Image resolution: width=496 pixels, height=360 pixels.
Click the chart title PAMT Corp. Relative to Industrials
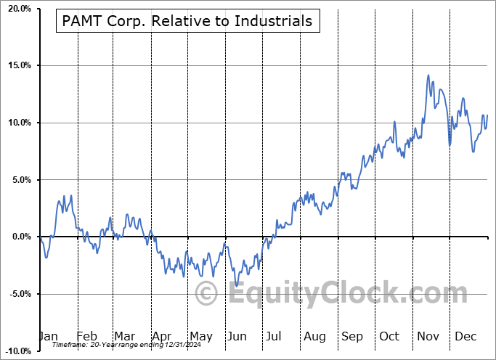pos(187,21)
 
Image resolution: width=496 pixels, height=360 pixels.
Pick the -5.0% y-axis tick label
pos(17,294)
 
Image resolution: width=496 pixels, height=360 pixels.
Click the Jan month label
pos(47,336)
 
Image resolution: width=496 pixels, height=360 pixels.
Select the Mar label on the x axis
pos(124,336)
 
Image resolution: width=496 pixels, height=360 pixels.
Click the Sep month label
pos(352,336)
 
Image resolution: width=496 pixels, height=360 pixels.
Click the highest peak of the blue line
pos(428,75)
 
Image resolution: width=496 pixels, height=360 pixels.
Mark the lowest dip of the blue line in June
pos(236,286)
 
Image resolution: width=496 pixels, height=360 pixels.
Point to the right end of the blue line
pos(487,115)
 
